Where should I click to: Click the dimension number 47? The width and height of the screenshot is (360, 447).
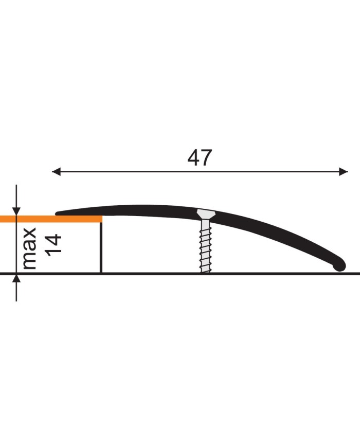[x=200, y=158]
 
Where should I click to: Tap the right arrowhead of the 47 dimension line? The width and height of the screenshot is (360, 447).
[x=344, y=172]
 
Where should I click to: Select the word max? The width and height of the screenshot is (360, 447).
[x=30, y=248]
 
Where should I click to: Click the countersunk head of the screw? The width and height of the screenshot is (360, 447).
[x=205, y=213]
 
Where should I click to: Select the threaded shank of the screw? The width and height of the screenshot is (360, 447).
[x=205, y=244]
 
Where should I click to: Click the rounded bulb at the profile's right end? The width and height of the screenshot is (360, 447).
[x=339, y=265]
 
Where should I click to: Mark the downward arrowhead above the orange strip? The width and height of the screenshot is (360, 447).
[x=16, y=211]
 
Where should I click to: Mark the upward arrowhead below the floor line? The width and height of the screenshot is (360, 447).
[x=16, y=280]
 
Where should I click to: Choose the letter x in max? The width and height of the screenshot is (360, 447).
[x=30, y=234]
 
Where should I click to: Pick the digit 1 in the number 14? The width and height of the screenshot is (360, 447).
[x=53, y=253]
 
